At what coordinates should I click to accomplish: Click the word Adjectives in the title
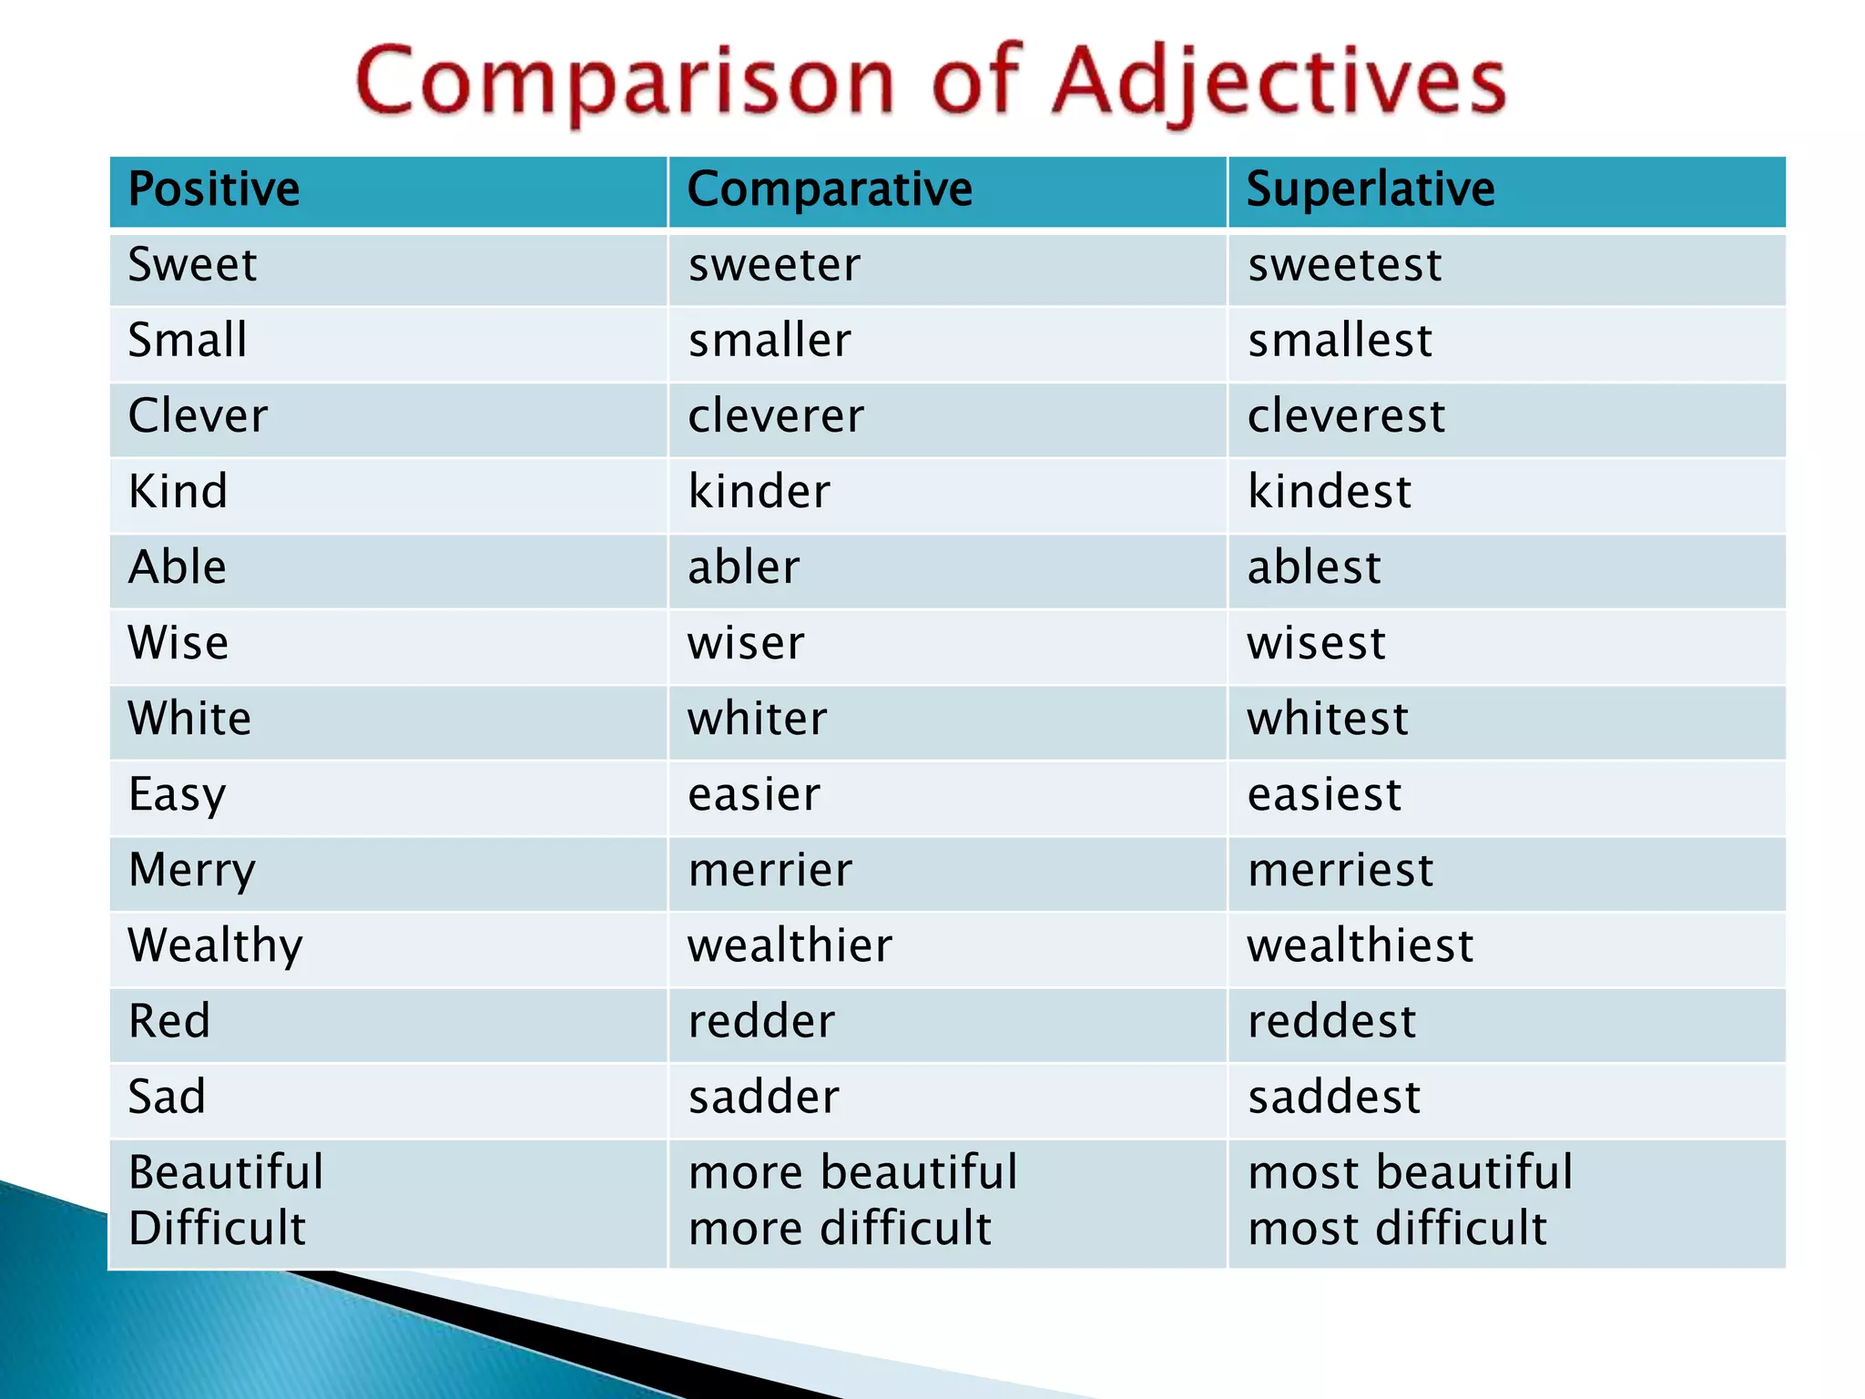tap(1279, 84)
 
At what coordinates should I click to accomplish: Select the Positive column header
tap(214, 189)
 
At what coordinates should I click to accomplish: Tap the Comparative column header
tap(830, 189)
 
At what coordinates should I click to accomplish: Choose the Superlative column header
tap(1371, 189)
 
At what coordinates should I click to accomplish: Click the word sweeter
tap(774, 266)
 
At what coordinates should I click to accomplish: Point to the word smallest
tap(1340, 342)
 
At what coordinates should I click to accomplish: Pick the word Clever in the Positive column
tap(198, 416)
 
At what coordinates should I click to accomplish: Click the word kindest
tap(1330, 492)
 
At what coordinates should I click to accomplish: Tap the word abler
tap(744, 567)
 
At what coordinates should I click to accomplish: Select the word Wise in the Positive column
tap(178, 643)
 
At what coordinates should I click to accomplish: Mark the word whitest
tap(1328, 719)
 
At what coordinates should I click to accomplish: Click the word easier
tap(754, 794)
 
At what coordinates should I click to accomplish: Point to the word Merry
tap(192, 871)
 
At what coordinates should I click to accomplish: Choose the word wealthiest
tap(1360, 945)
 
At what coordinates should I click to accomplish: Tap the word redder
tap(761, 1021)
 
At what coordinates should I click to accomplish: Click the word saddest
tap(1334, 1097)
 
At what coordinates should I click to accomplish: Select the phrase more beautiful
tap(852, 1172)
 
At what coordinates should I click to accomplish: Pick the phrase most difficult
tap(1397, 1229)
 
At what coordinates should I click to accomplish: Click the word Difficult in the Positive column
tap(217, 1229)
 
